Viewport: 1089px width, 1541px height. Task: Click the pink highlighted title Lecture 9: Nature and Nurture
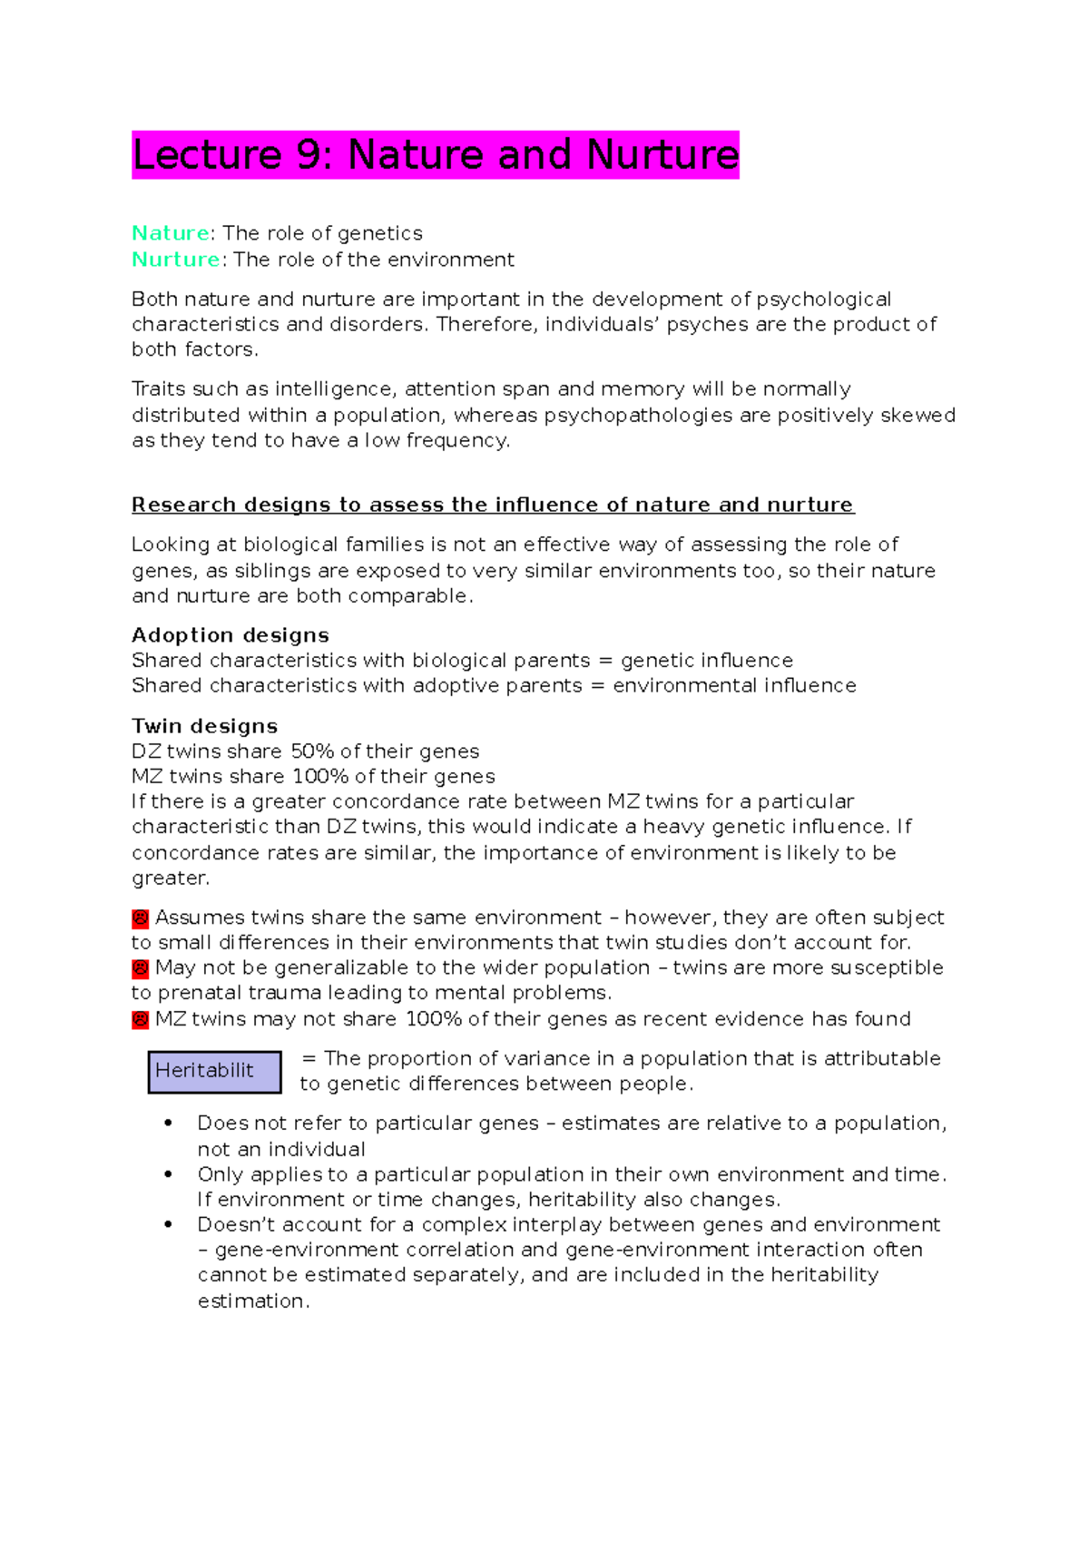tap(435, 155)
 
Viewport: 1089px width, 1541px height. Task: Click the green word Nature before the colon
tap(171, 233)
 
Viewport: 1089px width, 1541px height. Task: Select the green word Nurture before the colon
tap(175, 260)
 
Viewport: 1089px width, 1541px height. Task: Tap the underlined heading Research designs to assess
tap(492, 505)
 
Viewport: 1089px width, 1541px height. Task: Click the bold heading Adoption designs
tap(230, 635)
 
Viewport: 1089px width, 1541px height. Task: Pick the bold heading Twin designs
tap(204, 726)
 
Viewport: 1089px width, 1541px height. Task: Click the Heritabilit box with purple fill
tap(215, 1071)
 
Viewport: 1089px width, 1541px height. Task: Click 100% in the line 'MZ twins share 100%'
tap(320, 777)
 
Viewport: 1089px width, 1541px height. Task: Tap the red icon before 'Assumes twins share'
tap(140, 918)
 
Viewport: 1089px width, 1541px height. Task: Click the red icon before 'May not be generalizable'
tap(140, 968)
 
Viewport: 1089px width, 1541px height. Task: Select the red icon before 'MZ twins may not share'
tap(140, 1020)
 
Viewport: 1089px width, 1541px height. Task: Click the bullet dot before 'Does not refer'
tap(168, 1124)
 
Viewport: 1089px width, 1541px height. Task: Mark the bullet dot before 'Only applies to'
tap(168, 1174)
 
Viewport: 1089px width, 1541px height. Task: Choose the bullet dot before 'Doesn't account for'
tap(168, 1225)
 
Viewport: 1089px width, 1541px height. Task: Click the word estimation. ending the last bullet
tap(253, 1301)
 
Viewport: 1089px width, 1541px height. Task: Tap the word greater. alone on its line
tap(171, 878)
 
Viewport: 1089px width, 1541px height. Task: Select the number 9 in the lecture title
tap(309, 155)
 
